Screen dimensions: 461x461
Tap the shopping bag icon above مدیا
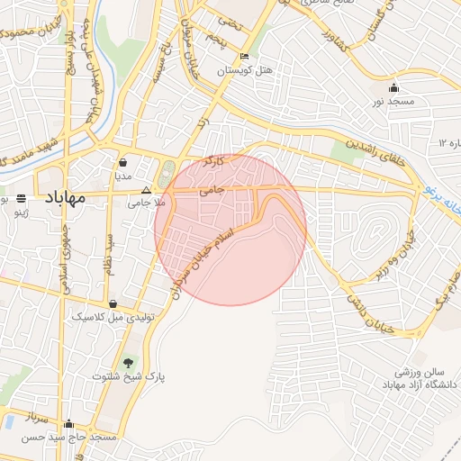click(x=122, y=163)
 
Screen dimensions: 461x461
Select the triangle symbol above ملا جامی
click(x=147, y=190)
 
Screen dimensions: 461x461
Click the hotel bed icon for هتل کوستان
click(x=244, y=57)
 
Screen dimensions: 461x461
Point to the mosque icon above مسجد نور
click(x=393, y=88)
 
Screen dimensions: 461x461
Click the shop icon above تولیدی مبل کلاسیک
click(x=113, y=304)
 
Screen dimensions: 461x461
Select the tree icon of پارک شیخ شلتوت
click(x=130, y=362)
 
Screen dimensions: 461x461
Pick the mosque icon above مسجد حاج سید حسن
click(x=69, y=423)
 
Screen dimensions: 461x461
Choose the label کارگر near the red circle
click(x=212, y=161)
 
